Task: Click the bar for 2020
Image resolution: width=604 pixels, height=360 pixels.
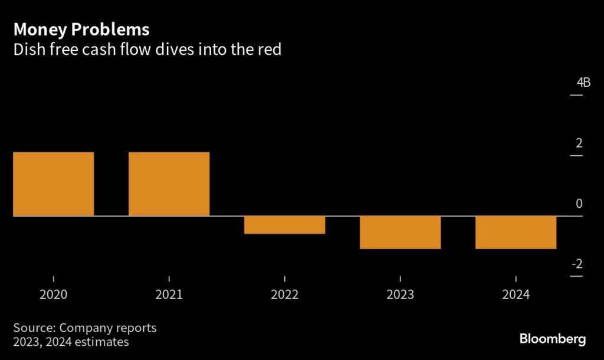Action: point(54,184)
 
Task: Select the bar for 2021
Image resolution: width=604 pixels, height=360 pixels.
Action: point(169,184)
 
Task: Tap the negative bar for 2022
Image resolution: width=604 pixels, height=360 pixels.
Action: point(285,225)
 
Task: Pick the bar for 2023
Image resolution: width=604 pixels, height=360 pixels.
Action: point(401,233)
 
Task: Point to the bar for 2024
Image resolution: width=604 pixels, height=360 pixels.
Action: point(516,233)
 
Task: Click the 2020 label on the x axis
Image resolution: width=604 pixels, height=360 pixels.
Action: point(54,294)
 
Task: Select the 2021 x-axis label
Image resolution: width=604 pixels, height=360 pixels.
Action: point(169,294)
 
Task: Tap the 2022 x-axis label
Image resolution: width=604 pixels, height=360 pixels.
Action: point(285,294)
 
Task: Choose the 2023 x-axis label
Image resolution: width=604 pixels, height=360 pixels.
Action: point(401,294)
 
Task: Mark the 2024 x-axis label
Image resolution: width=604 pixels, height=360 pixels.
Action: point(516,294)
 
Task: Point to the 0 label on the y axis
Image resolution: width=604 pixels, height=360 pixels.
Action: point(579,204)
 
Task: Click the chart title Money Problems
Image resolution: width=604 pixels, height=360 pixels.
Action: point(81,29)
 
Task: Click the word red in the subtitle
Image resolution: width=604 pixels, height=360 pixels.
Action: point(270,50)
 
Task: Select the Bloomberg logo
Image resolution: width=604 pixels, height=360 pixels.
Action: point(552,339)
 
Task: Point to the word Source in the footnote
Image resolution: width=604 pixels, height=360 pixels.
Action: point(34,328)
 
